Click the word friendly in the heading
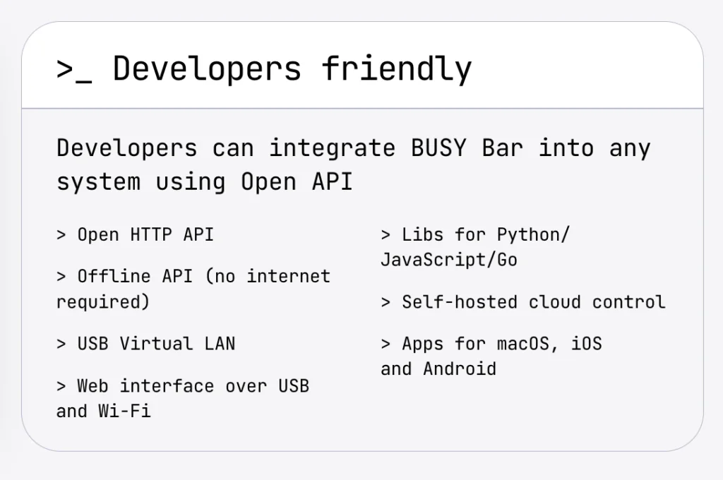point(397,69)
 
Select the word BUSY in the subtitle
point(438,148)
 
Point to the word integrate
point(332,148)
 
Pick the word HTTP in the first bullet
point(151,234)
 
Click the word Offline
point(114,277)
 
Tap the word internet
point(289,277)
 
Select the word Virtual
point(156,344)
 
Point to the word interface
point(167,386)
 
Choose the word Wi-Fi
point(124,412)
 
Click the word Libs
point(422,234)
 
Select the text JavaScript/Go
point(449,260)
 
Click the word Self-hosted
point(460,303)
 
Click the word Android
point(460,369)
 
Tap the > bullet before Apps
point(386,344)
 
